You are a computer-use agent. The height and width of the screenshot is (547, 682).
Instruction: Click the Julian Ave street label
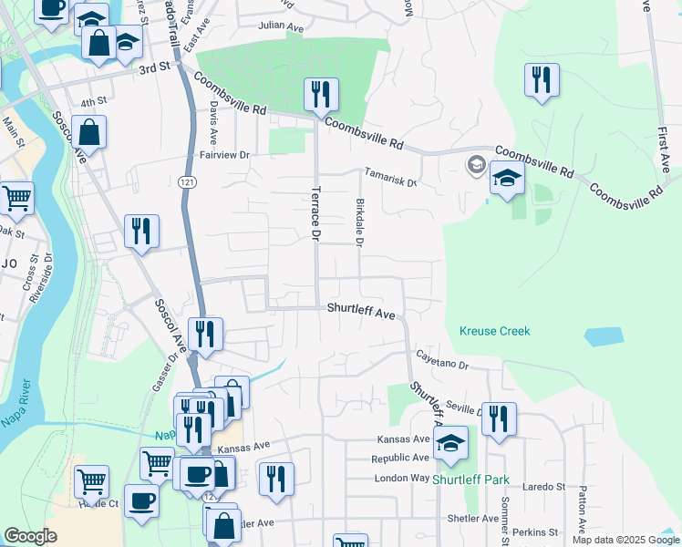pos(280,28)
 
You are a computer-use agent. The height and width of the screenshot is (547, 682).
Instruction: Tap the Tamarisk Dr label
pos(390,176)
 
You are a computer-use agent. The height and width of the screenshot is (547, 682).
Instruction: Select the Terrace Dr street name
pos(315,214)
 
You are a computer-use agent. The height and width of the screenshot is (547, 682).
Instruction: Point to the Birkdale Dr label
pos(359,223)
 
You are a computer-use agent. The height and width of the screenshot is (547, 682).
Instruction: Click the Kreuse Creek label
pos(494,331)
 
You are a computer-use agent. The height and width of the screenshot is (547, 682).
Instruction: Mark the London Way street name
pos(401,478)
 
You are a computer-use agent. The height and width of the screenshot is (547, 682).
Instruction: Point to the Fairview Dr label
pos(225,155)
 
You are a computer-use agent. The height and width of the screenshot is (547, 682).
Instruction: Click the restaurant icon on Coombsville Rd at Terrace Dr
pos(321,94)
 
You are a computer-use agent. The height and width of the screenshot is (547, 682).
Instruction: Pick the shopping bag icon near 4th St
pos(88,133)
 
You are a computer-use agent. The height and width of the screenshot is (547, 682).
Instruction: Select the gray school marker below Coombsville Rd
pos(475,165)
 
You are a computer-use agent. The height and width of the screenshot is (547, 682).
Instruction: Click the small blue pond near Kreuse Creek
pos(602,335)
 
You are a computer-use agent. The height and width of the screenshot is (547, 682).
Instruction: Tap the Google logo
pos(30,536)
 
